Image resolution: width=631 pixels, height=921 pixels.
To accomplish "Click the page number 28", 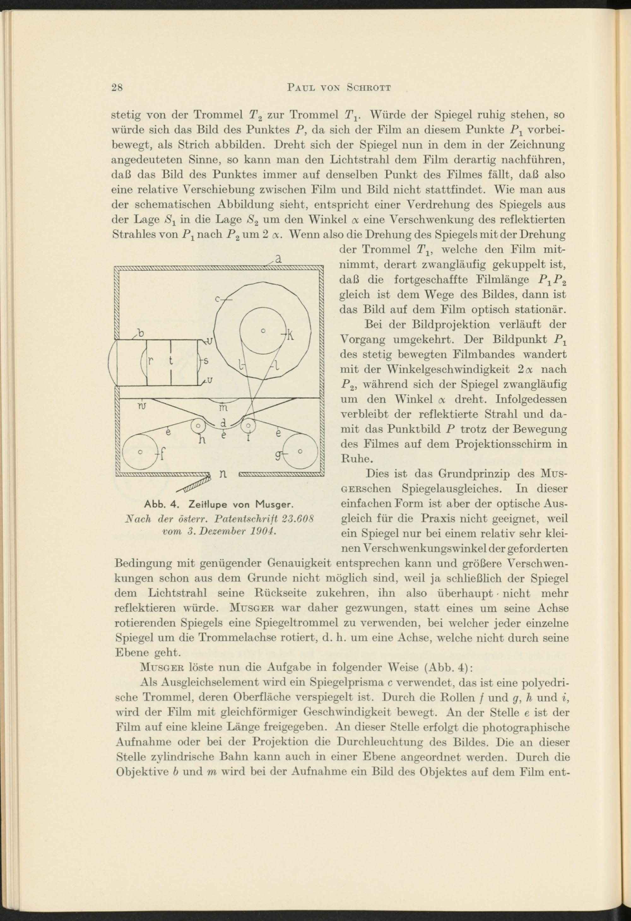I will click(117, 88).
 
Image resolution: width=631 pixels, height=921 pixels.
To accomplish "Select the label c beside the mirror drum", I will click(218, 300).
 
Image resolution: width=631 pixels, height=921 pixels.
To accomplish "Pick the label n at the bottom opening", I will click(223, 474).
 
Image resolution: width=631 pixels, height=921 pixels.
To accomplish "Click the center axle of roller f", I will click(139, 452).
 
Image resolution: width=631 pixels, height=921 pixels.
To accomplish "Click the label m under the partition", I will click(224, 407).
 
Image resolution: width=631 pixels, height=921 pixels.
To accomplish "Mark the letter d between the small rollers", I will click(224, 422).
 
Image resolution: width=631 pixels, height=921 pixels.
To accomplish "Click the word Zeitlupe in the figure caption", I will click(210, 505).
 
